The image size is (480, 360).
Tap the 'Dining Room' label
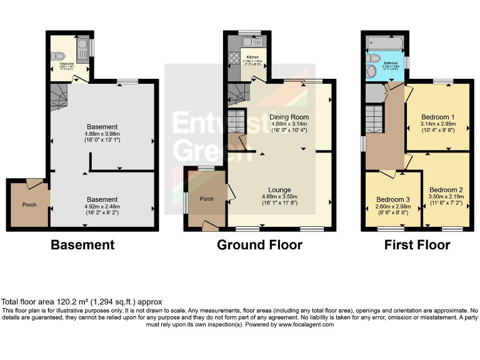(289, 117)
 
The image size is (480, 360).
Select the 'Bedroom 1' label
(437, 117)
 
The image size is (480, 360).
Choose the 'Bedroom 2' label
(446, 189)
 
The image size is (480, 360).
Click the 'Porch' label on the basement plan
(29, 204)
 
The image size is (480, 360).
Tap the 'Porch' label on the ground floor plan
(206, 199)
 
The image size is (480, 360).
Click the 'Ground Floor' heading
(259, 244)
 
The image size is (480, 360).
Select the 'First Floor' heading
(417, 244)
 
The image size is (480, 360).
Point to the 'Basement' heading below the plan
(82, 244)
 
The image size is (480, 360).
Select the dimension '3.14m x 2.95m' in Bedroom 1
(437, 124)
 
